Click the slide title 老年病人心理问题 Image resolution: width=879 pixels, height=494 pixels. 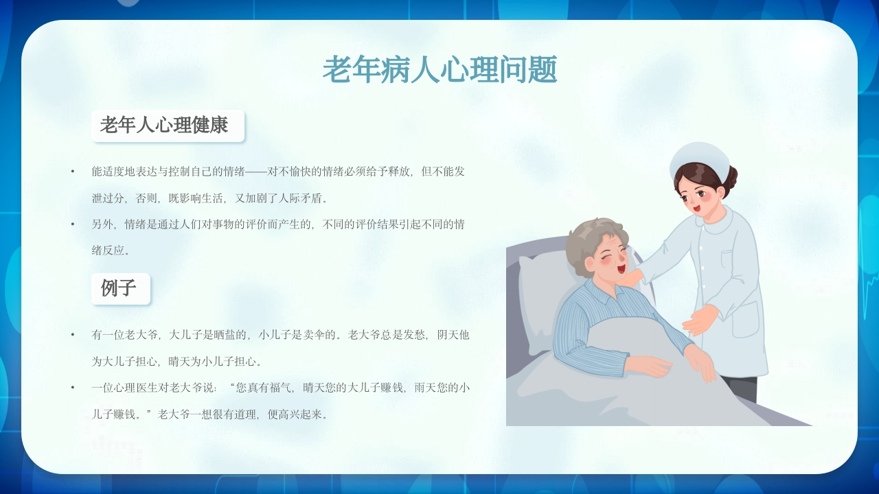point(439,70)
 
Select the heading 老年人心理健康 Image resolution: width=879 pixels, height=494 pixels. point(164,126)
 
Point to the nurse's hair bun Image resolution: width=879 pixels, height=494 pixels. point(731,179)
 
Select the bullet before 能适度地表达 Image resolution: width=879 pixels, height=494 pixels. point(73,171)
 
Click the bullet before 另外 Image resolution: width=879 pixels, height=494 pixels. point(73,224)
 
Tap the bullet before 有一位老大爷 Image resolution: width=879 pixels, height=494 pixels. point(73,335)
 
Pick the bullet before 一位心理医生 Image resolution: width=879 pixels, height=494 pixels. point(73,388)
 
